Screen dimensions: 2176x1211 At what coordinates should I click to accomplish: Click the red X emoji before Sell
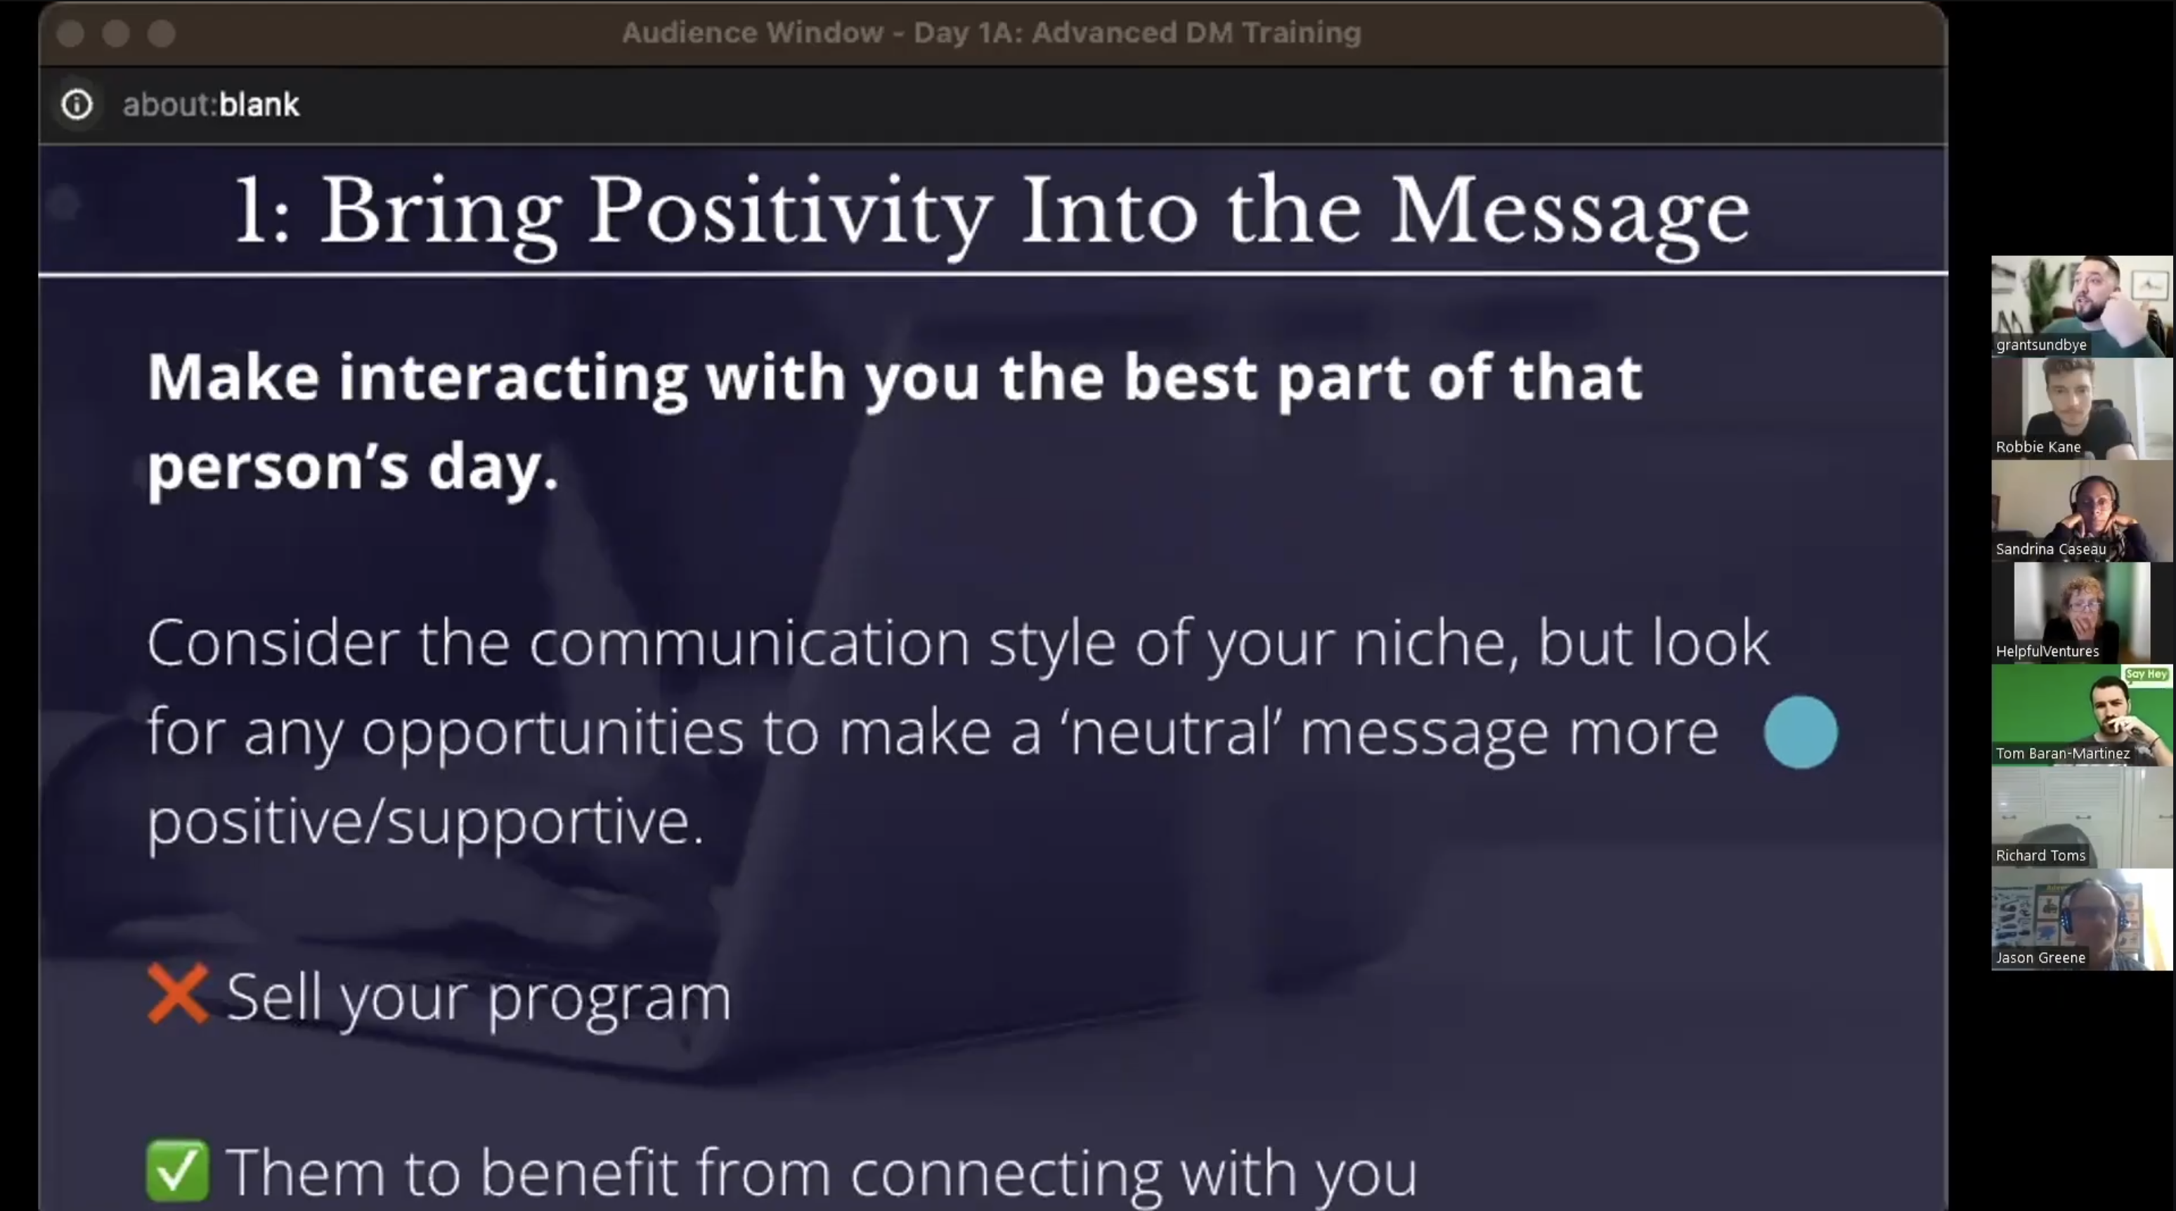(x=177, y=994)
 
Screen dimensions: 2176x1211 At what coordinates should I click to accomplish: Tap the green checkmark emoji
(x=177, y=1170)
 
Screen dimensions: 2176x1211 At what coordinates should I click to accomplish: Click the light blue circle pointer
(x=1800, y=732)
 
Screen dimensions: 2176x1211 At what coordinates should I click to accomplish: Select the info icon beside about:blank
(x=77, y=105)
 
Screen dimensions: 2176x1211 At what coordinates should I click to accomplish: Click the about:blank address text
(x=210, y=105)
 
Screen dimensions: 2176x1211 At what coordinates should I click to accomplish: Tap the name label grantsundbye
(x=2041, y=345)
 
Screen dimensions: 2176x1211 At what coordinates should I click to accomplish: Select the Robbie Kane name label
(x=2038, y=447)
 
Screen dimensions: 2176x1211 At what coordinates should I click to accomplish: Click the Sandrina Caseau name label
(x=2050, y=549)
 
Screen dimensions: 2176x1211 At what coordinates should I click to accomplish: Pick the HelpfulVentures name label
(x=2047, y=651)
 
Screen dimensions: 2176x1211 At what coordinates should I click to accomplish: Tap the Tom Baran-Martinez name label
(x=2062, y=754)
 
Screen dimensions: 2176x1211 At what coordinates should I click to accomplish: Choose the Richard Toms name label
(x=2040, y=856)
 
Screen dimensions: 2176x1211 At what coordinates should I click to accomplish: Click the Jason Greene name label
(x=2040, y=959)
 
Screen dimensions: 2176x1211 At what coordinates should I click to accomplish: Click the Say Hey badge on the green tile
(x=2146, y=674)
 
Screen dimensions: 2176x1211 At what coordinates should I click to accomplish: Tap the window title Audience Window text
(x=752, y=33)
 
